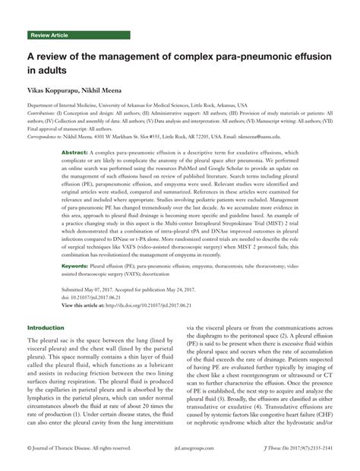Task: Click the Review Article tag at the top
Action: tap(49, 36)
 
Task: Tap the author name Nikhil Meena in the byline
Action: tap(114, 90)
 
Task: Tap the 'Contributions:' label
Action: tap(43, 112)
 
